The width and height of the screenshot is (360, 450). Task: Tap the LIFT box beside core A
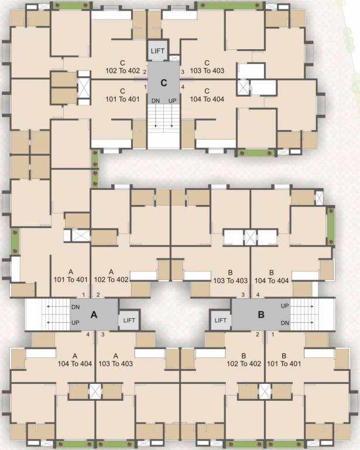point(129,320)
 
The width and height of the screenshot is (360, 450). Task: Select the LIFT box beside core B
point(220,320)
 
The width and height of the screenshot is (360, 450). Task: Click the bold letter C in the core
point(164,83)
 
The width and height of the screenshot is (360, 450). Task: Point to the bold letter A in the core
point(93,315)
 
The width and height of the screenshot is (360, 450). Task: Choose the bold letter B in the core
point(261,315)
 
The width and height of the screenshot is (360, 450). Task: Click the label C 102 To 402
point(122,67)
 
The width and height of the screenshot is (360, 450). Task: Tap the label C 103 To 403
point(207,67)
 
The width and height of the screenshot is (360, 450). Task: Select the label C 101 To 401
point(122,95)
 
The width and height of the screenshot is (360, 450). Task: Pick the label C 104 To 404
point(207,95)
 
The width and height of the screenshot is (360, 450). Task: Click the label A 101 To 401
point(70,276)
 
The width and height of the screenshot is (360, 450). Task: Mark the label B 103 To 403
point(232,277)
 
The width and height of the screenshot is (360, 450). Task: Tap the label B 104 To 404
point(272,277)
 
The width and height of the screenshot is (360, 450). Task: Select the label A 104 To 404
point(75,360)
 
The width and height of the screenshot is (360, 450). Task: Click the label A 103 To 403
point(115,360)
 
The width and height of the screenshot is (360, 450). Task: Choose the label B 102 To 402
point(244,360)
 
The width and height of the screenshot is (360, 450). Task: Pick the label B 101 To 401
point(283,360)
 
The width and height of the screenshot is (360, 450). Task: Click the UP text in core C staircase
point(172,101)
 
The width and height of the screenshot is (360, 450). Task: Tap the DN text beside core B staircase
point(285,323)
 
